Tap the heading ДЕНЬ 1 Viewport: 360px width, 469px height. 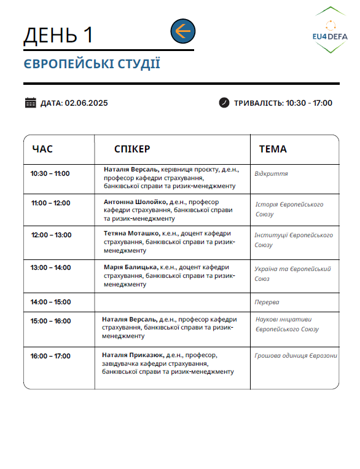pyautogui.click(x=58, y=36)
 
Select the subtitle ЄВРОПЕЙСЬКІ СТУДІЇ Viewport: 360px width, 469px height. pyautogui.click(x=92, y=64)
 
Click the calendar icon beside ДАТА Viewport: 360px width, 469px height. pyautogui.click(x=31, y=103)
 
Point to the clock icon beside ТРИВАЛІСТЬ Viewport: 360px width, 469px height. pyautogui.click(x=224, y=103)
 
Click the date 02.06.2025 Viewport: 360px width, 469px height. pyautogui.click(x=86, y=103)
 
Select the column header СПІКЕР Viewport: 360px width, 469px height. pyautogui.click(x=132, y=149)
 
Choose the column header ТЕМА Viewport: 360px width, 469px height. pyautogui.click(x=273, y=149)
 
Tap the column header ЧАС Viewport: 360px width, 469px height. pyautogui.click(x=42, y=149)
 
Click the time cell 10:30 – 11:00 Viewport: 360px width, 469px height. pyautogui.click(x=50, y=173)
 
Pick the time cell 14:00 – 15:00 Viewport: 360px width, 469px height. pyautogui.click(x=50, y=302)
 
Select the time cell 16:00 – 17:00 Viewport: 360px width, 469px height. pyautogui.click(x=50, y=356)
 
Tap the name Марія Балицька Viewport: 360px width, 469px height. pyautogui.click(x=131, y=268)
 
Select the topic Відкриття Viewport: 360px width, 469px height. pyautogui.click(x=271, y=174)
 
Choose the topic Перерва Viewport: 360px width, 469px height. pyautogui.click(x=267, y=302)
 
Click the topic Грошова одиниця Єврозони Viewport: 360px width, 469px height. pyautogui.click(x=295, y=356)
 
